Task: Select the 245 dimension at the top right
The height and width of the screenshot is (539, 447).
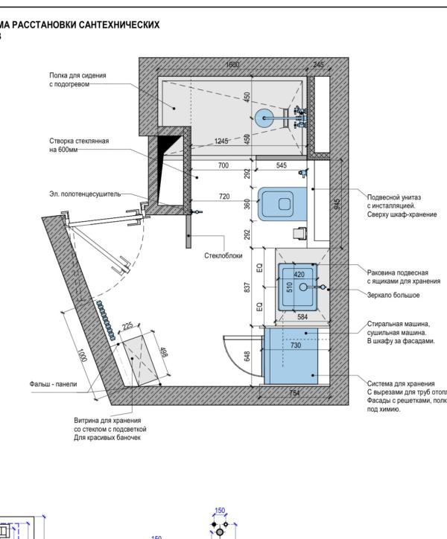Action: (x=318, y=65)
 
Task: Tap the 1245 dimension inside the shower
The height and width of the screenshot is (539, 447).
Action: (x=221, y=141)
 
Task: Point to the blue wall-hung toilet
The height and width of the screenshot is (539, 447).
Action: (x=282, y=204)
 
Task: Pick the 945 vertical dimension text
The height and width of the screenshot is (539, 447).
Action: (x=337, y=204)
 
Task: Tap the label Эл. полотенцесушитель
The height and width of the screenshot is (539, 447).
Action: (x=85, y=194)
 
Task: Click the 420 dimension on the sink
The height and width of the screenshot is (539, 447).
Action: (x=299, y=275)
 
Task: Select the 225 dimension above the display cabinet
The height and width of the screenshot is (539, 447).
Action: (x=127, y=325)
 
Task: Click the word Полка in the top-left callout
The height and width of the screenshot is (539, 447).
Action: (x=60, y=76)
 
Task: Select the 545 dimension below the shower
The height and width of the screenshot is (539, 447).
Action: (x=281, y=165)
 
